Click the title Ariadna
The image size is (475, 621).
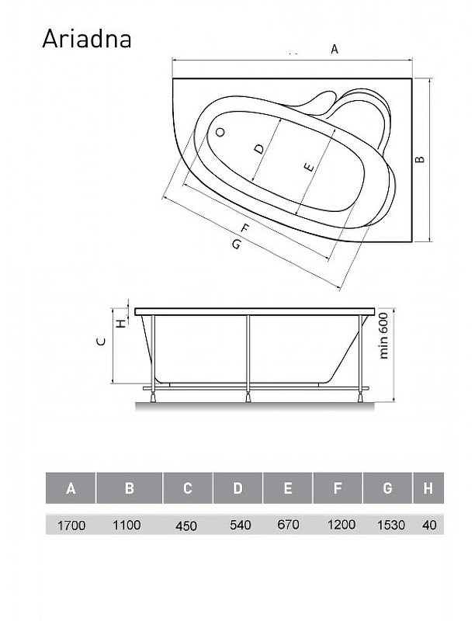coord(87,40)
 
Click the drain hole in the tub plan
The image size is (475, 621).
coord(220,132)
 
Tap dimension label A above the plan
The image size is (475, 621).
coord(335,49)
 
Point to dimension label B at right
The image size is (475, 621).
coord(420,159)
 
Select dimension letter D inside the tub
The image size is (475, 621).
coord(258,149)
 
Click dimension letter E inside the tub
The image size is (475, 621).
coord(309,168)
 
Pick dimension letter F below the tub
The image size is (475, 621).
coord(245,228)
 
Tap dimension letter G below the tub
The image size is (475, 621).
coord(236,245)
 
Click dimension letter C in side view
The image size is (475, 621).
coord(102,342)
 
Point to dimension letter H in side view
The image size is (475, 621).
coord(122,324)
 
